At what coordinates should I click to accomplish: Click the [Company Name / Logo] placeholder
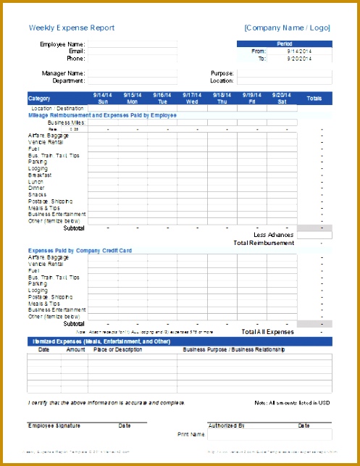(287, 28)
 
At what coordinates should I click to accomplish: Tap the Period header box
(285, 44)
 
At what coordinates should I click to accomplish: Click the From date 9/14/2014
(299, 51)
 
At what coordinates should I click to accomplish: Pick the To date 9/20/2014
(299, 59)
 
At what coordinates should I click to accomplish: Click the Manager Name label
(63, 73)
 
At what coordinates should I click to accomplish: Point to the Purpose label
(222, 73)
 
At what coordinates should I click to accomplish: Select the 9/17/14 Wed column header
(192, 99)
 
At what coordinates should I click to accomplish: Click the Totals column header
(314, 99)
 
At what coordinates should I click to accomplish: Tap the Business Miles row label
(67, 122)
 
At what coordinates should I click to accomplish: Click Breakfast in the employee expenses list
(41, 175)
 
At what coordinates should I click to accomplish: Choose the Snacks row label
(38, 194)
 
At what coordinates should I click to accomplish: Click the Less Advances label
(274, 235)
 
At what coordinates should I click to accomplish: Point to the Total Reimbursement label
(264, 243)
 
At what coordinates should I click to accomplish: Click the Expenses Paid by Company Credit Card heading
(79, 250)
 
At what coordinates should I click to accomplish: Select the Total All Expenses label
(267, 331)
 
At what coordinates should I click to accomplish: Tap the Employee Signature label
(54, 425)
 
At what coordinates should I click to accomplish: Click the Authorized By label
(227, 425)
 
